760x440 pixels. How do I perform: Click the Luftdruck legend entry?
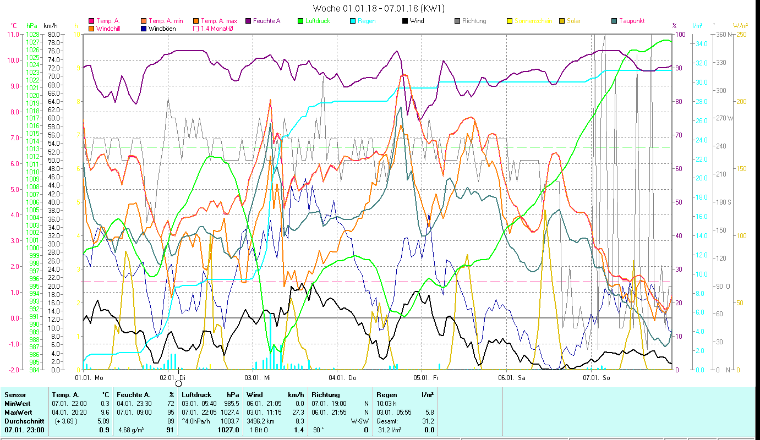coord(314,21)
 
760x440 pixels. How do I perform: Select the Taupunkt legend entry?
coord(631,21)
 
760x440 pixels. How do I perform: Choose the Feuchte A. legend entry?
coord(267,21)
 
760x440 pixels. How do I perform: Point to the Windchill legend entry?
coord(110,28)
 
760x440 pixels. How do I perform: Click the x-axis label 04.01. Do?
coord(343,378)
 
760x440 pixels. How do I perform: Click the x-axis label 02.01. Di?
coord(173,378)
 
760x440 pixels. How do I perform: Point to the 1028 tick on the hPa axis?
coord(33,34)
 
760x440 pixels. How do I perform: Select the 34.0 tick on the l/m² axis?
coord(701,43)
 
